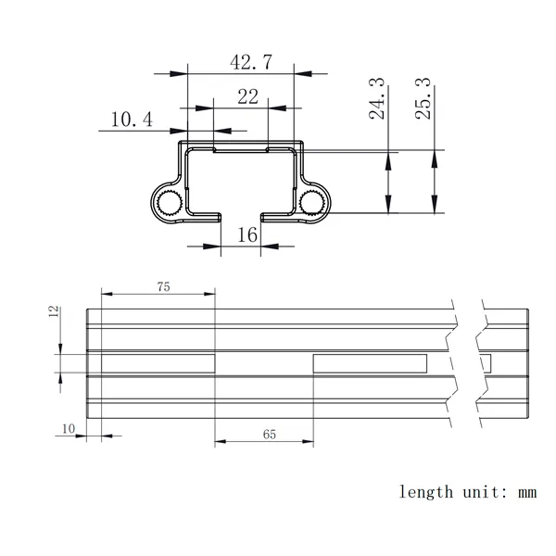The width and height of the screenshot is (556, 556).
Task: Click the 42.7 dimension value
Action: (251, 62)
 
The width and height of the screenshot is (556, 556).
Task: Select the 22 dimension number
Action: (247, 96)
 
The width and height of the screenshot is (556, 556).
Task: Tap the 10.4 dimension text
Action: (132, 120)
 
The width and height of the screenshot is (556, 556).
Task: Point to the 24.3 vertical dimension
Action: (376, 98)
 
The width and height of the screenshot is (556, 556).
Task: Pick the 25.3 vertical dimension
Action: (423, 98)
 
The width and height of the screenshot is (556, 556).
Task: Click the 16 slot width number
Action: (247, 234)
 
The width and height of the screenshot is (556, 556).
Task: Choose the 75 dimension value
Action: (163, 286)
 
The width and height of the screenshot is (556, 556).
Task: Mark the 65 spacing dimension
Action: (270, 435)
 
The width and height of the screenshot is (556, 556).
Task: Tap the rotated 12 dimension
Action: (54, 311)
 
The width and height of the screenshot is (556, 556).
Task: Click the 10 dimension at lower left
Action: (69, 429)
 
